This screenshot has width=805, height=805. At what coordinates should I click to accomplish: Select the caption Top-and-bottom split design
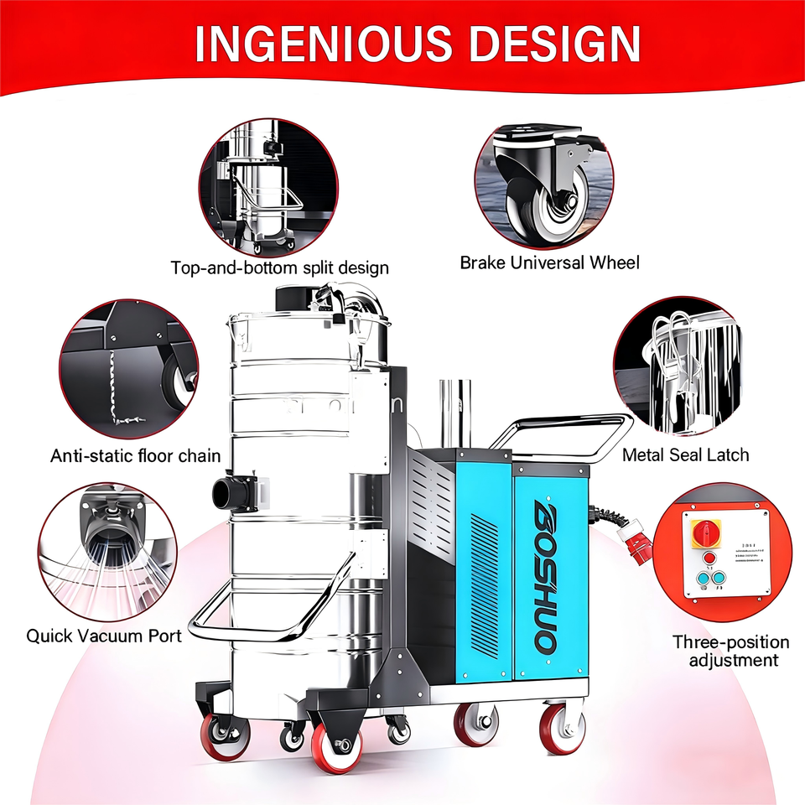[280, 268]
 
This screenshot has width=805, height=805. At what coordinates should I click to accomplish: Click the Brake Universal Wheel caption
[549, 262]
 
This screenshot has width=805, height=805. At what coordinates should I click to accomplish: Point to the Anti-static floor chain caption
[136, 456]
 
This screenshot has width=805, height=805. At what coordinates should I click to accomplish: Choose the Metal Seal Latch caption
[685, 454]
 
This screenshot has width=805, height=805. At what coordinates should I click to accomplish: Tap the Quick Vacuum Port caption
[104, 635]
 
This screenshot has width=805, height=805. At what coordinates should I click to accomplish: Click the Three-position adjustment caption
[730, 652]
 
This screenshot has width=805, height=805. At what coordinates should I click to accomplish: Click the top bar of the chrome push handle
[570, 420]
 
